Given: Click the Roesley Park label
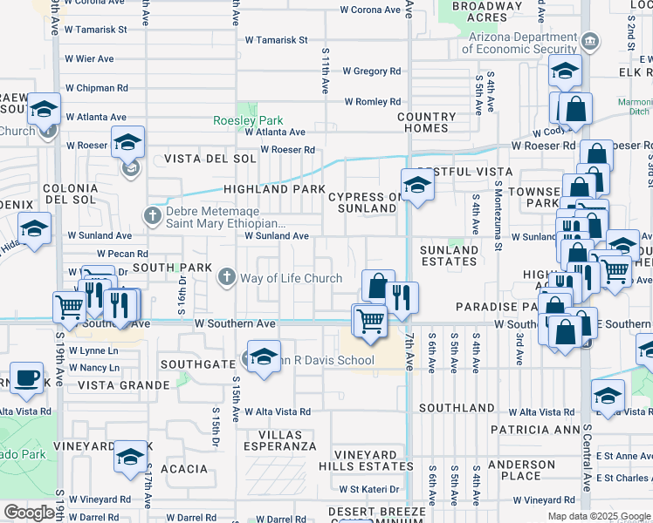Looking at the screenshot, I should click(x=248, y=120).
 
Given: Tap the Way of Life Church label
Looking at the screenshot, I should click(x=292, y=279).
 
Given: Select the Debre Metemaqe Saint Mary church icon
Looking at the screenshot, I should click(x=153, y=214).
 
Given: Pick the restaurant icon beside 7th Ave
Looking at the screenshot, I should click(x=402, y=296).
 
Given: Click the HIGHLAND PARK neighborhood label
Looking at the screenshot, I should click(x=274, y=189).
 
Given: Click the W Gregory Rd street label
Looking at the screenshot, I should click(x=371, y=71).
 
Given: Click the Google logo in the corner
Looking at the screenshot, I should click(x=29, y=513).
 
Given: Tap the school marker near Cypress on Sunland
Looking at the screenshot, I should click(x=417, y=184).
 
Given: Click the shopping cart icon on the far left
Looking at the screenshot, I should click(x=70, y=306).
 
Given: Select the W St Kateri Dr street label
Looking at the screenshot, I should click(x=375, y=489).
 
